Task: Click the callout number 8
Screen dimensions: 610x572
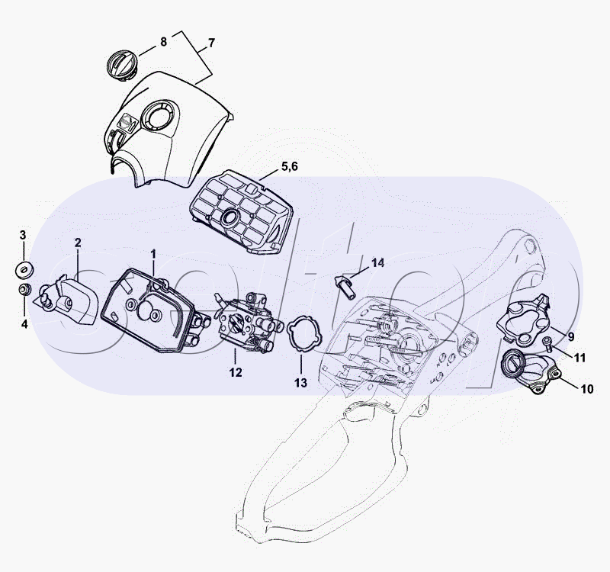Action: point(163,42)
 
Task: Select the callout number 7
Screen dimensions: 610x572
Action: point(211,43)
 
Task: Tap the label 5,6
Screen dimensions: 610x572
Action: point(290,166)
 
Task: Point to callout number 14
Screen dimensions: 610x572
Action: point(377,263)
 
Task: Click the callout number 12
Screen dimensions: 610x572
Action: point(236,372)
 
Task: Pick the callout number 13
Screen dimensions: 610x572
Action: point(300,383)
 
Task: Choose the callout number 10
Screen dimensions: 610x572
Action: point(587,389)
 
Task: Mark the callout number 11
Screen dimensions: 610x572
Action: point(580,358)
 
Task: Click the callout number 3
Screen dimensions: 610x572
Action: point(23,235)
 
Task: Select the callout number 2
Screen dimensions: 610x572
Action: point(78,243)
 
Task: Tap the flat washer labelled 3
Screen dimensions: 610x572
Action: point(24,270)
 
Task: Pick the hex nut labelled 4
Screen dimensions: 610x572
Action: point(25,290)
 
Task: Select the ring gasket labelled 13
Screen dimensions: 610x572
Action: point(304,334)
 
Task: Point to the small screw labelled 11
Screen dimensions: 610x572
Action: point(547,342)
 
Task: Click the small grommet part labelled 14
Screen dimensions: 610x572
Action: point(345,286)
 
